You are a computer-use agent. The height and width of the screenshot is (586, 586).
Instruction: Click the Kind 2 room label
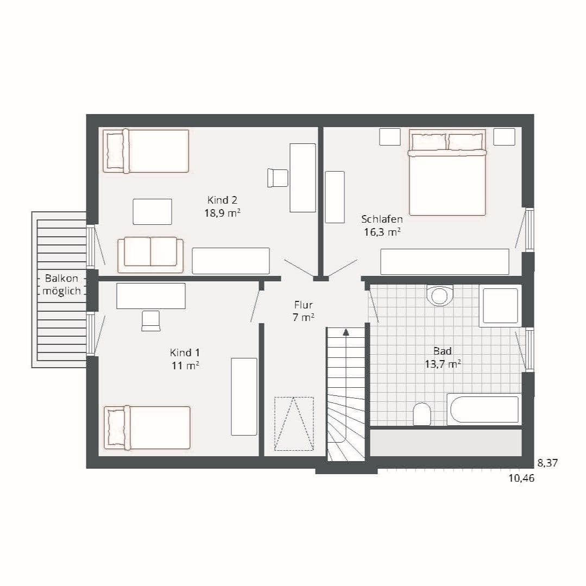pos(222,200)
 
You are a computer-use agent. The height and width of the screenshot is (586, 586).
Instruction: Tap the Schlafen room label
pos(382,219)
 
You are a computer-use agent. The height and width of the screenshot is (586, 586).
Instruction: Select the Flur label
pos(303,305)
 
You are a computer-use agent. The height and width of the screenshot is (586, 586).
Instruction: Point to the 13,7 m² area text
pos(443,364)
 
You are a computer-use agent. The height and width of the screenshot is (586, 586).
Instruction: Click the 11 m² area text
pos(185,365)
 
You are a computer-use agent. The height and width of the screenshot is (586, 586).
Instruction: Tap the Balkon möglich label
pos(62,285)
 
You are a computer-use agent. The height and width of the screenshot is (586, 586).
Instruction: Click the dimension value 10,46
pos(521,478)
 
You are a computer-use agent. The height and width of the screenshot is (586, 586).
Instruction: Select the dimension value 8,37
pos(547,463)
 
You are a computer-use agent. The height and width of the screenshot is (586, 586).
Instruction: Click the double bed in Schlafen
pos(448,172)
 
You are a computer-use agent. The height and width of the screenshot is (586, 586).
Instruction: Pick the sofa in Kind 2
pos(150,255)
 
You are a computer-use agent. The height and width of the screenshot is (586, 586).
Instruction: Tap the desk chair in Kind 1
pos(151,321)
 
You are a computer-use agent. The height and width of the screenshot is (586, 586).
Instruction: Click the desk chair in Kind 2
pos(278,178)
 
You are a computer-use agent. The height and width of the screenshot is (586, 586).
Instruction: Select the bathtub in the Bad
pos(484,409)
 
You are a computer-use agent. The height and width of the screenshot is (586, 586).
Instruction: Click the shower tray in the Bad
pos(500,306)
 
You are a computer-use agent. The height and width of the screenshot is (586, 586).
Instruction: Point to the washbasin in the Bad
pos(439,295)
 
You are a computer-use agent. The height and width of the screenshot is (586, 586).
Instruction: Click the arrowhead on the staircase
pos(346,332)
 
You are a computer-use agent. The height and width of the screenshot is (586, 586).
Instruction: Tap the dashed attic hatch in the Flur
pos(294,424)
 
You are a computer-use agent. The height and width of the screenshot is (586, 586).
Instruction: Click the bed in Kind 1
pos(147,427)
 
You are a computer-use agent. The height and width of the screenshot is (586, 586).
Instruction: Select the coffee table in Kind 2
pos(153,212)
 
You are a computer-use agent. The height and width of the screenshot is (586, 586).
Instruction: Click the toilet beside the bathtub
pos(422,414)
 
